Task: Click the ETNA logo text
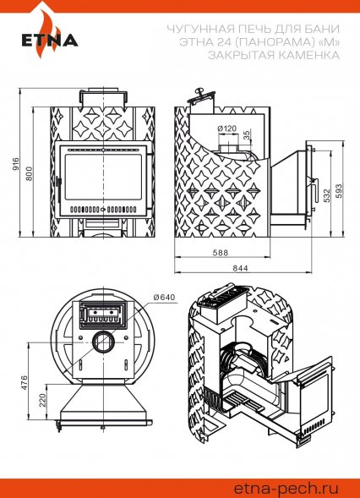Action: tap(50, 41)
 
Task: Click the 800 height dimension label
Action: tap(29, 173)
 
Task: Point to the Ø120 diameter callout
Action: tap(227, 129)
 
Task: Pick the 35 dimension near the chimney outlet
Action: tap(247, 135)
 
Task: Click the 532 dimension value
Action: tap(327, 195)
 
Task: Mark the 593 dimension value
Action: tap(340, 191)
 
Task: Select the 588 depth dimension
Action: tap(221, 253)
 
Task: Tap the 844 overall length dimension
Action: tap(240, 268)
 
